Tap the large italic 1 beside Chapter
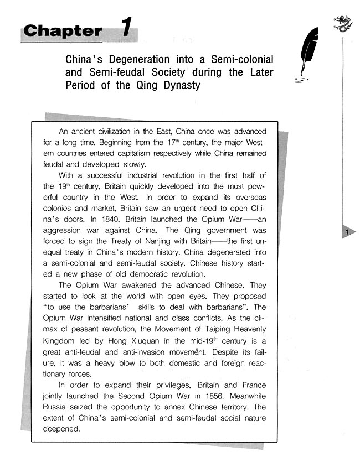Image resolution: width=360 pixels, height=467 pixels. click(127, 28)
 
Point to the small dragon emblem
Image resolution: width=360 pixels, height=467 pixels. click(343, 23)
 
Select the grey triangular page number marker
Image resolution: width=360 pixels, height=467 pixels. click(348, 233)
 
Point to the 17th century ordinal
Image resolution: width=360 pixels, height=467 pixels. click(176, 142)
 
